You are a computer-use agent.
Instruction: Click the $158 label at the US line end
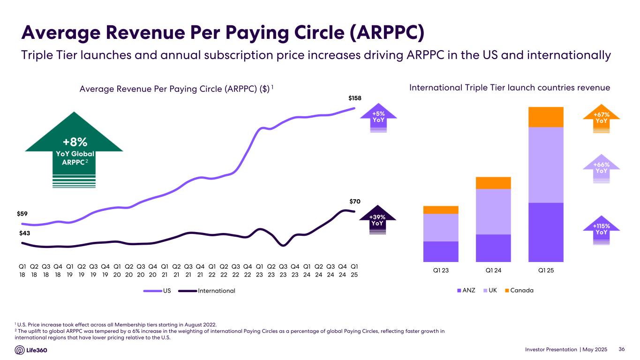(x=355, y=98)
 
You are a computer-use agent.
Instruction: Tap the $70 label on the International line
(x=355, y=202)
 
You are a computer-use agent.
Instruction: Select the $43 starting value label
(x=25, y=233)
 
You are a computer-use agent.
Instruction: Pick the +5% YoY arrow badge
(x=378, y=117)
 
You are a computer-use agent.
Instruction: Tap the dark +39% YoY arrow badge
(x=377, y=220)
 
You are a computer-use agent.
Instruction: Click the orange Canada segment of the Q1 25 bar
(x=546, y=117)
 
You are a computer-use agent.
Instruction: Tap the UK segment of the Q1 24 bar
(x=493, y=211)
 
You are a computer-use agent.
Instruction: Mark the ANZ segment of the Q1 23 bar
(x=441, y=251)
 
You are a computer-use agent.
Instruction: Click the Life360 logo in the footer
(x=31, y=350)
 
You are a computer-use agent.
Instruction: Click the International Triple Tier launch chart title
(x=510, y=88)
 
